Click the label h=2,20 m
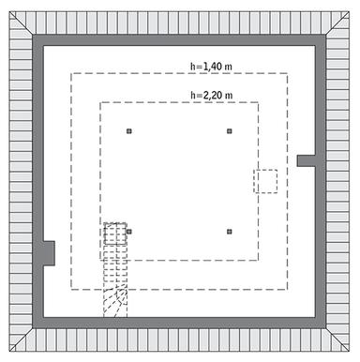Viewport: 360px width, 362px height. coord(211,95)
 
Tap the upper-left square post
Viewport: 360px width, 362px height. coord(129,131)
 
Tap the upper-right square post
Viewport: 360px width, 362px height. coord(230,131)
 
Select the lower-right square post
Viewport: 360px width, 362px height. coord(230,231)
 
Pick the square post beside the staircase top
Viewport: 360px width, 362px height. coord(129,231)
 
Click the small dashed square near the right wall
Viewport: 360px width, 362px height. coord(266,180)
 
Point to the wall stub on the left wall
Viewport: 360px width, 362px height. coord(47,253)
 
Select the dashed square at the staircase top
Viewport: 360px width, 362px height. coord(115,233)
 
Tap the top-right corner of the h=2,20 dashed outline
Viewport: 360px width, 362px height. coord(260,102)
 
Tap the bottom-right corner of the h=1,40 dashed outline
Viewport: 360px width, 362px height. coord(288,288)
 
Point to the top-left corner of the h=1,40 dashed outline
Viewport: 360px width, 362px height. coord(72,73)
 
